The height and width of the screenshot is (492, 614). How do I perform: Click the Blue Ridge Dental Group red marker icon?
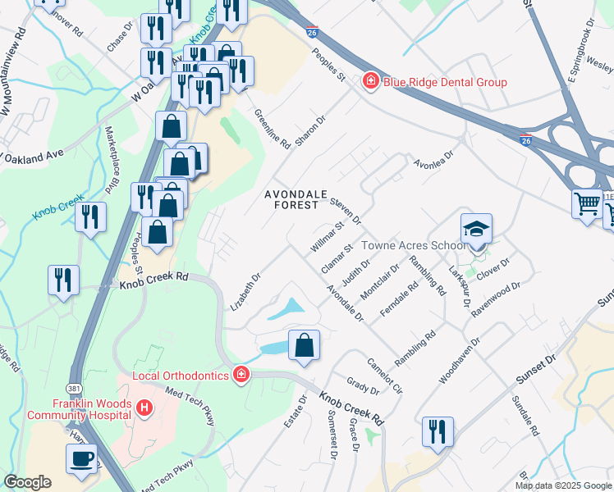[x=371, y=82]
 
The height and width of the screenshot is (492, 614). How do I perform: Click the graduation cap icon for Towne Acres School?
[x=476, y=230]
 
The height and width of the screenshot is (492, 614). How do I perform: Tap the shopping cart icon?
[x=587, y=203]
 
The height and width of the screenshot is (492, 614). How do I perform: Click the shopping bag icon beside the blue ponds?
[x=304, y=345]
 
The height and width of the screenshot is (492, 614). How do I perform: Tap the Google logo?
[x=27, y=482]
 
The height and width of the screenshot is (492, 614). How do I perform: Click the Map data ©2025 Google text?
[x=564, y=485]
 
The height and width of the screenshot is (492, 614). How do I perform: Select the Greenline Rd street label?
[x=273, y=130]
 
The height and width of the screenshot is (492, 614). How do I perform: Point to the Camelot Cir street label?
[x=384, y=376]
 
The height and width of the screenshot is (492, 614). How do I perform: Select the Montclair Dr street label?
[x=384, y=280]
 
